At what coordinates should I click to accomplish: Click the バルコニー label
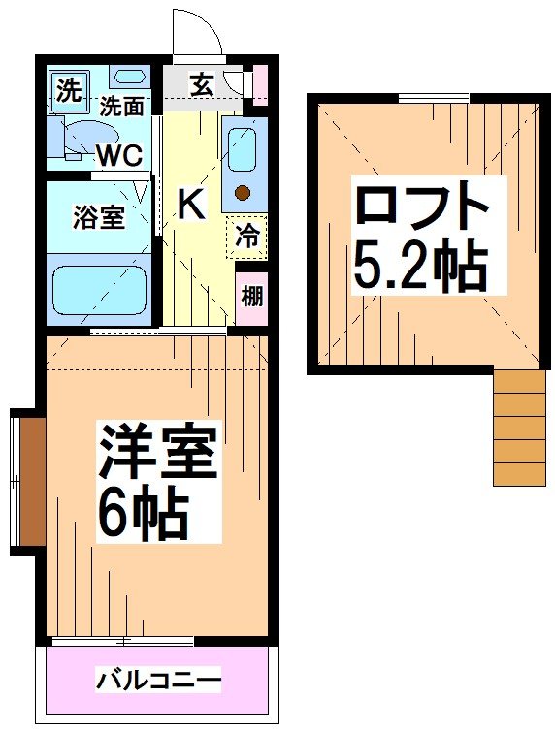[158, 680]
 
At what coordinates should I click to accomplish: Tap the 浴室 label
[99, 217]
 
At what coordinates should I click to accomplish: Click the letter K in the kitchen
[191, 205]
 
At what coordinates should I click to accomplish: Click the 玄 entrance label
[201, 85]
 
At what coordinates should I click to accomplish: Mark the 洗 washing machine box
[68, 92]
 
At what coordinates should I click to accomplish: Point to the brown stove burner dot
[243, 192]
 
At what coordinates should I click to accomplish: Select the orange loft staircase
[520, 427]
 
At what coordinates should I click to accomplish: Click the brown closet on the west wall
[31, 480]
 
